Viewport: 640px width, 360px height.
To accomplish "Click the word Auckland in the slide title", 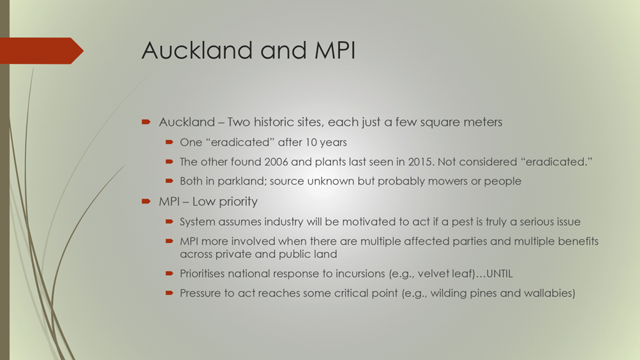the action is click(x=197, y=50).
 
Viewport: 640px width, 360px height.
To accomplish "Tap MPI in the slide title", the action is click(x=335, y=50).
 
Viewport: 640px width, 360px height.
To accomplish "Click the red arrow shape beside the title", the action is click(x=41, y=50).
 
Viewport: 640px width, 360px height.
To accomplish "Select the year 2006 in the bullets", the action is click(x=276, y=161).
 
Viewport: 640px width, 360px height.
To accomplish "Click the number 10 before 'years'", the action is click(x=311, y=142).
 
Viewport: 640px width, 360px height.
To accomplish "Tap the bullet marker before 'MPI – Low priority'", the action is click(x=146, y=201).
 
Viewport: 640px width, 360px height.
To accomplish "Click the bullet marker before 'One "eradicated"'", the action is click(x=169, y=142).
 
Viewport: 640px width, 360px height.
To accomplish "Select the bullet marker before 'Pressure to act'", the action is click(x=169, y=293).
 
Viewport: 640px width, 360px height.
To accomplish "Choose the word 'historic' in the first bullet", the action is click(x=272, y=122).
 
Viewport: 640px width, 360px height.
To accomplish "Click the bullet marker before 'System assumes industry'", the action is click(x=169, y=221).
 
